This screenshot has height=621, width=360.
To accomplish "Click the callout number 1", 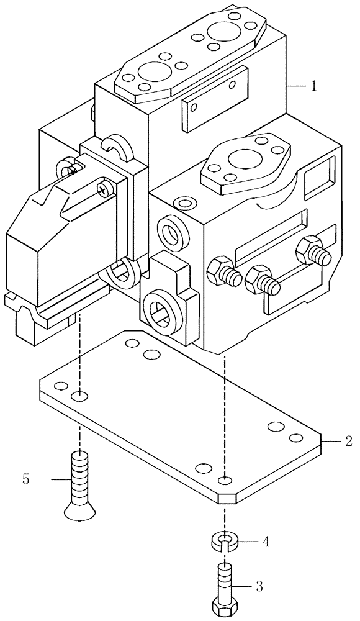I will click(314, 86).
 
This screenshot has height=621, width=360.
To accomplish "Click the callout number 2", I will click(348, 442).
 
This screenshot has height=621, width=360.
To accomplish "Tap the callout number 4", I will click(266, 542).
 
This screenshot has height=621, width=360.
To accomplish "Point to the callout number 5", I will click(25, 479).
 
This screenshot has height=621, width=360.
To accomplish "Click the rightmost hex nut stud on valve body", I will click(310, 251).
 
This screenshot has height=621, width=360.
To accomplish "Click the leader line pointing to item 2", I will click(333, 442).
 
